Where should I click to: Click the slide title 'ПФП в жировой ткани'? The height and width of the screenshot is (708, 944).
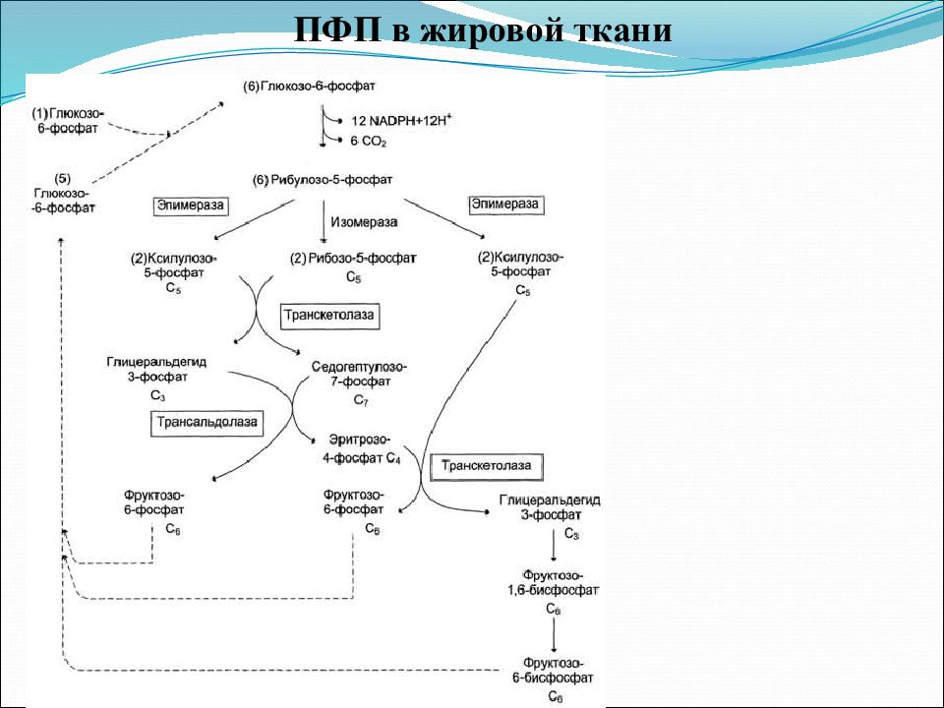click(483, 29)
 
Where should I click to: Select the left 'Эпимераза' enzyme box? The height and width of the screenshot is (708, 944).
click(190, 206)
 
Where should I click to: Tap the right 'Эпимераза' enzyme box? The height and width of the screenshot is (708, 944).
click(505, 205)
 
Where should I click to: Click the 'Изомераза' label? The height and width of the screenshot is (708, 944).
click(364, 222)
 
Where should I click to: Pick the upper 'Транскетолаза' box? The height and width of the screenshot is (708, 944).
click(329, 316)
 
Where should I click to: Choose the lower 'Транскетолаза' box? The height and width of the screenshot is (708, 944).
click(487, 466)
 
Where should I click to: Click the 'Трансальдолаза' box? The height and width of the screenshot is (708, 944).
click(206, 422)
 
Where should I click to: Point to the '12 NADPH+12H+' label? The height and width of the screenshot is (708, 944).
click(401, 120)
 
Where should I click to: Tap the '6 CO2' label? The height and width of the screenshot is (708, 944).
click(369, 142)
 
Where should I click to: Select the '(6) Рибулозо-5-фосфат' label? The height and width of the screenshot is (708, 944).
click(323, 180)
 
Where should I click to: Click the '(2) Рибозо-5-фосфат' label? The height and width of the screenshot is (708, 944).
click(353, 259)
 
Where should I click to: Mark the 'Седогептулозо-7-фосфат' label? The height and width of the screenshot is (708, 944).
click(360, 374)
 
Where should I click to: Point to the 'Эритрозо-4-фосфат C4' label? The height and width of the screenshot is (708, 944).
click(360, 449)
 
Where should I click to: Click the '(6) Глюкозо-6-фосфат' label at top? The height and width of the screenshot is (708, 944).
click(309, 87)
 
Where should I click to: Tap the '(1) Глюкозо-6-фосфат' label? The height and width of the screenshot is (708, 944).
click(68, 120)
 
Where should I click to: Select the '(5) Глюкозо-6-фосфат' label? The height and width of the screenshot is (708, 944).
click(63, 194)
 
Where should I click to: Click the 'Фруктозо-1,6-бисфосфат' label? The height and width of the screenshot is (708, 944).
click(554, 583)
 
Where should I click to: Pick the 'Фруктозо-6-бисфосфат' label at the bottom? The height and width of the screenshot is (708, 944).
click(553, 671)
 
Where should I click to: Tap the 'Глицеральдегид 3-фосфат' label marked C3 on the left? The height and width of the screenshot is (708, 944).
click(156, 370)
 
